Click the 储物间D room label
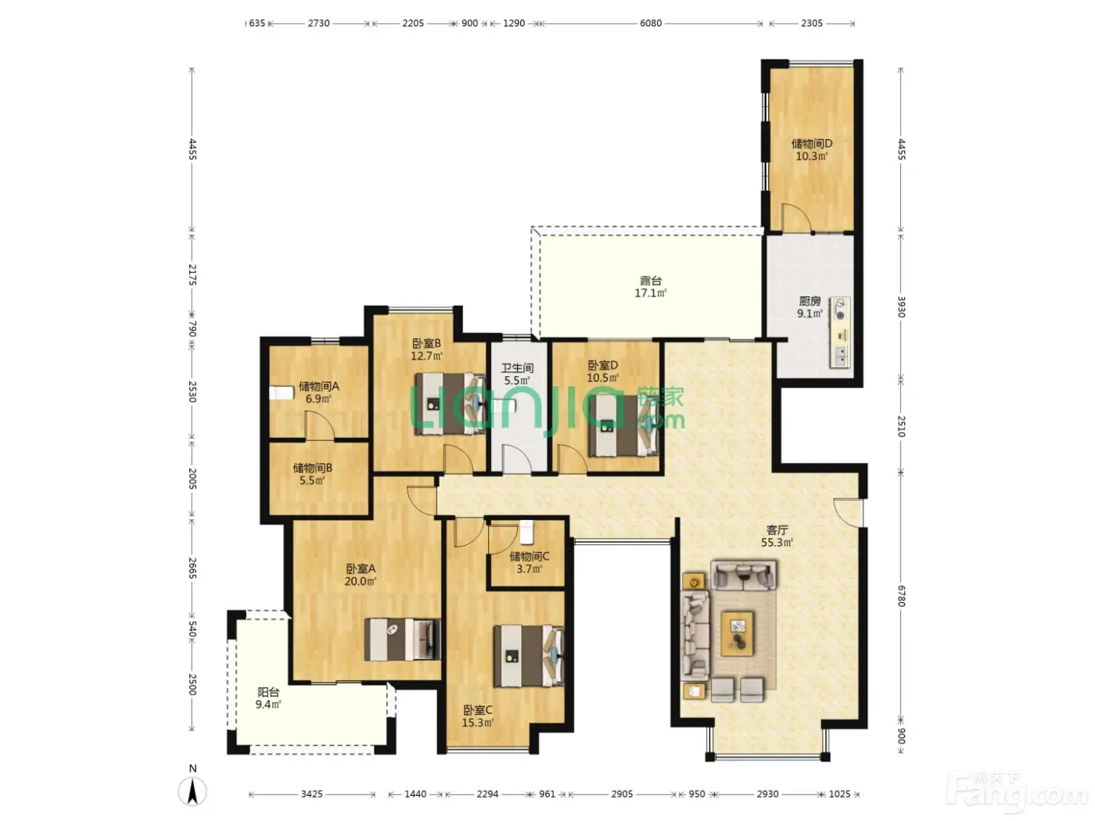coord(812,144)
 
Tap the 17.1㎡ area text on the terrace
coord(651,293)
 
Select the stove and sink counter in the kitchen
coord(840,332)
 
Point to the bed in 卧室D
coord(623,425)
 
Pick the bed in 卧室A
coord(403,640)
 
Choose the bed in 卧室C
coord(529,656)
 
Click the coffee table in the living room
coord(738,634)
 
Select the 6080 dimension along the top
coord(651,23)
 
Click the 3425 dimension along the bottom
coord(312,794)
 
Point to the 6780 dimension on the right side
coord(901,596)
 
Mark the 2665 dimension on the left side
coord(192,568)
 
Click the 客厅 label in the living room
coord(777,530)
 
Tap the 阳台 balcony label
coord(268,692)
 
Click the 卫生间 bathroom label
coord(517,368)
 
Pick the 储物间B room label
coord(312,468)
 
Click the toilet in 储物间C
coord(526,532)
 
